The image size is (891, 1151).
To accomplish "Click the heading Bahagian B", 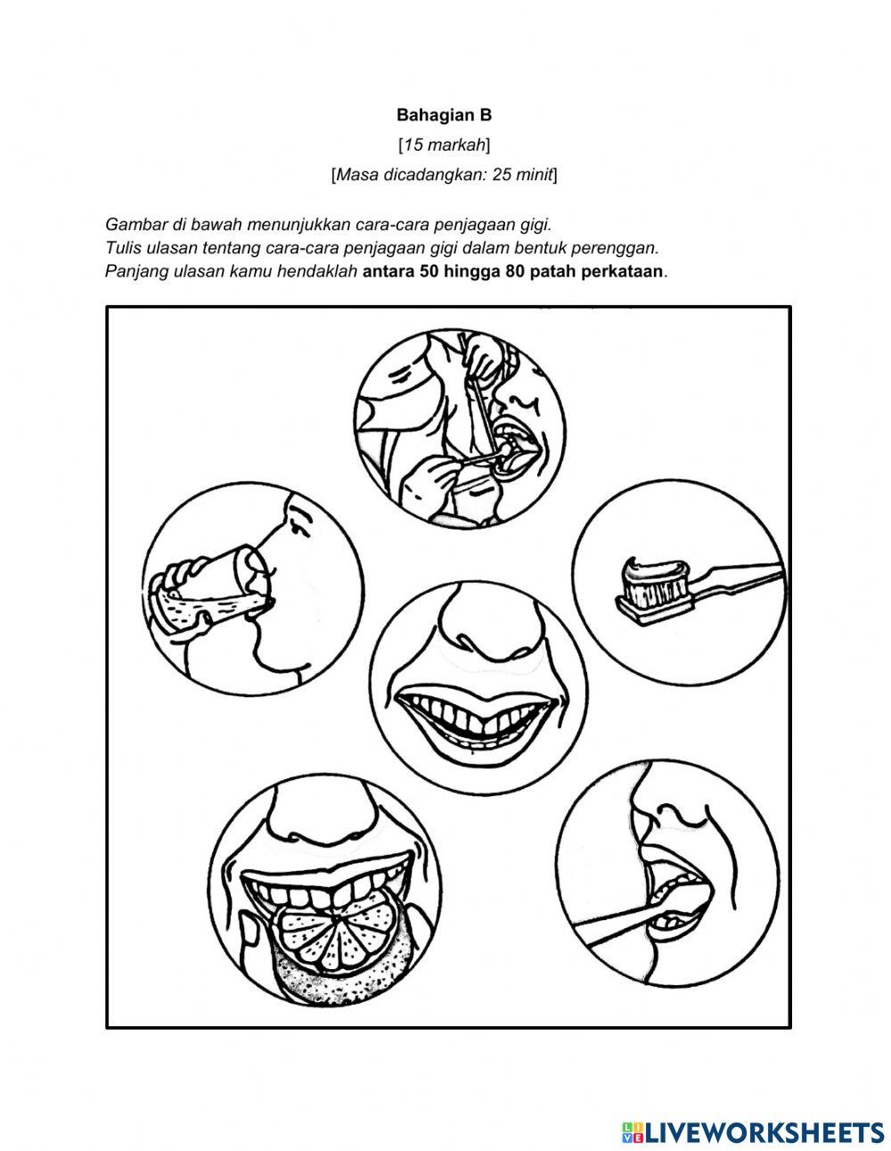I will tap(444, 115).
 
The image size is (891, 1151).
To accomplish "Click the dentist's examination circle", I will tap(461, 425).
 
